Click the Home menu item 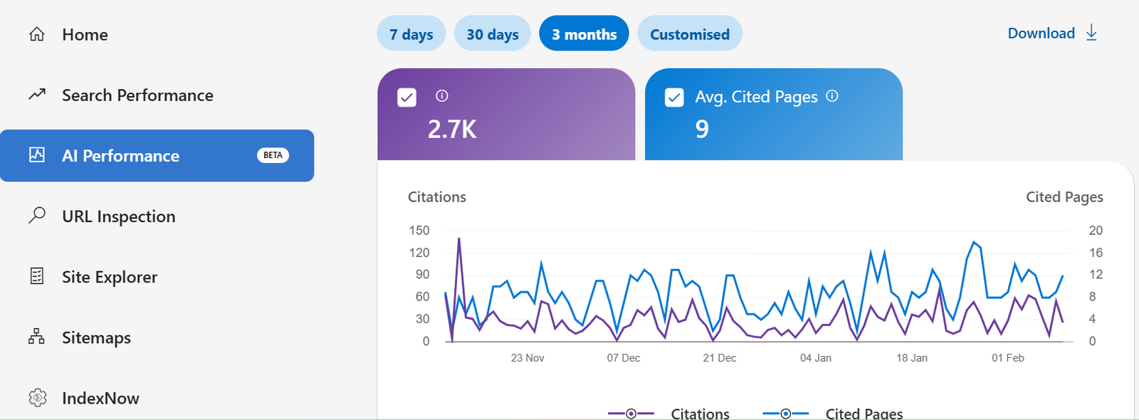[x=84, y=35]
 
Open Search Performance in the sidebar [x=137, y=95]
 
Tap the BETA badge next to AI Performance [x=273, y=155]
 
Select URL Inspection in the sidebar [x=118, y=216]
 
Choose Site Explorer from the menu [x=109, y=277]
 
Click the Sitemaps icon [x=36, y=337]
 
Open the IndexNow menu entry [x=100, y=398]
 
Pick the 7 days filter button [x=411, y=34]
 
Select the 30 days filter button [x=492, y=34]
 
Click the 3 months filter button [x=584, y=34]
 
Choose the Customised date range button [x=689, y=34]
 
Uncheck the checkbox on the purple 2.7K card [x=406, y=98]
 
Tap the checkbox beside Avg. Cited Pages [x=673, y=98]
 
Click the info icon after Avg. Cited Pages [x=831, y=96]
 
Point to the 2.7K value [x=452, y=130]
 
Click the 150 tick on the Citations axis [x=419, y=231]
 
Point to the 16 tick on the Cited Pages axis [x=1095, y=253]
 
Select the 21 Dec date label [x=719, y=358]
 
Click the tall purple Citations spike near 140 [x=458, y=240]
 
